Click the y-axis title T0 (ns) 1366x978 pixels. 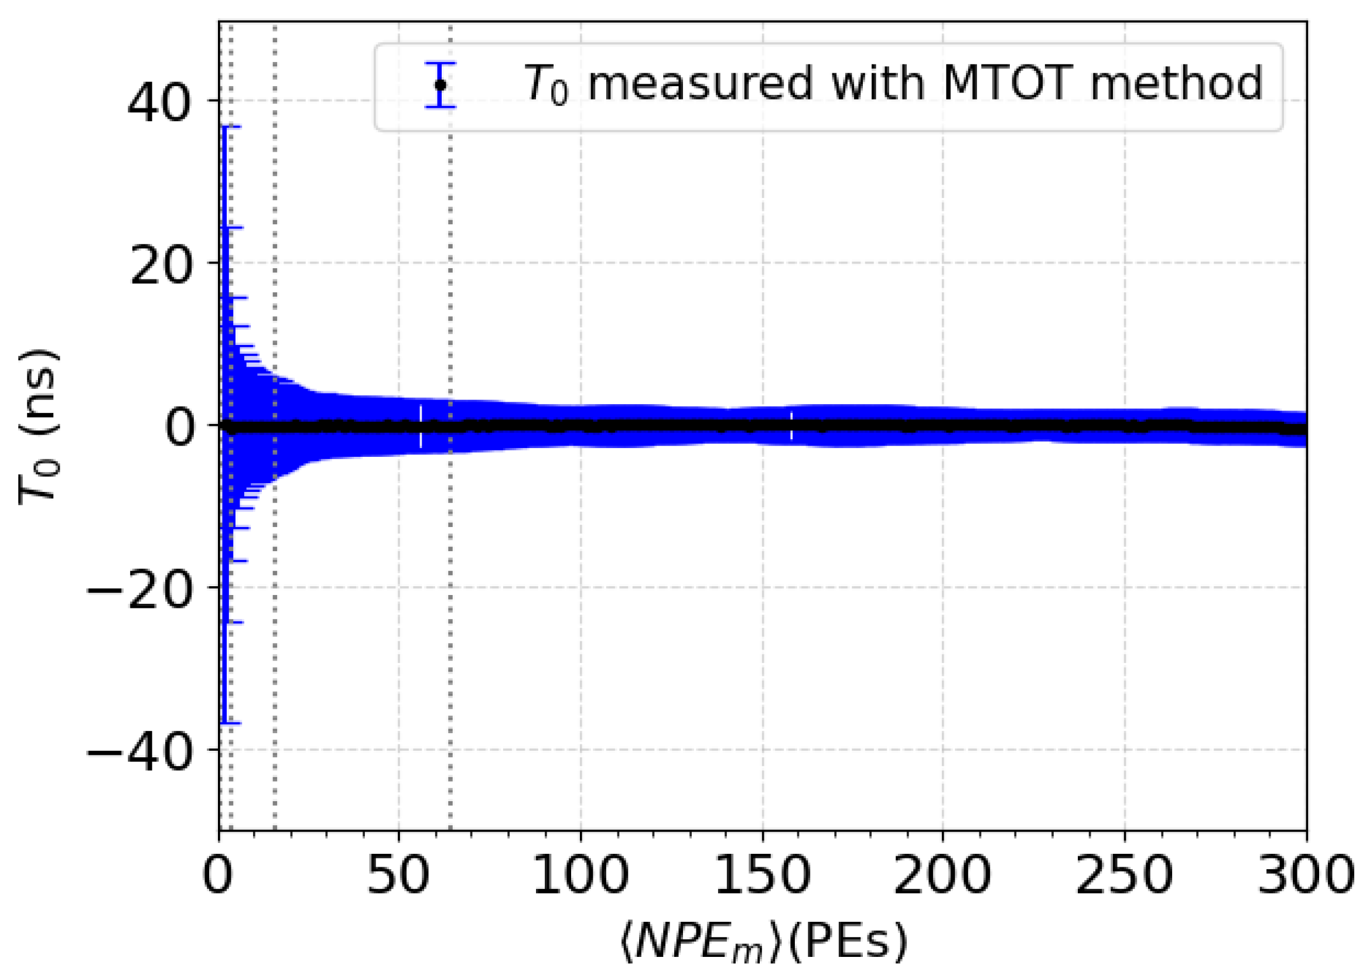click(39, 426)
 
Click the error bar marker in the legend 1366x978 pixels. click(440, 85)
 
